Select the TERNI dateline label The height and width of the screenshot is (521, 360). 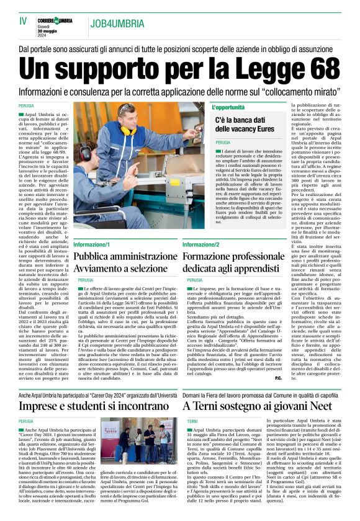tap(192, 421)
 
